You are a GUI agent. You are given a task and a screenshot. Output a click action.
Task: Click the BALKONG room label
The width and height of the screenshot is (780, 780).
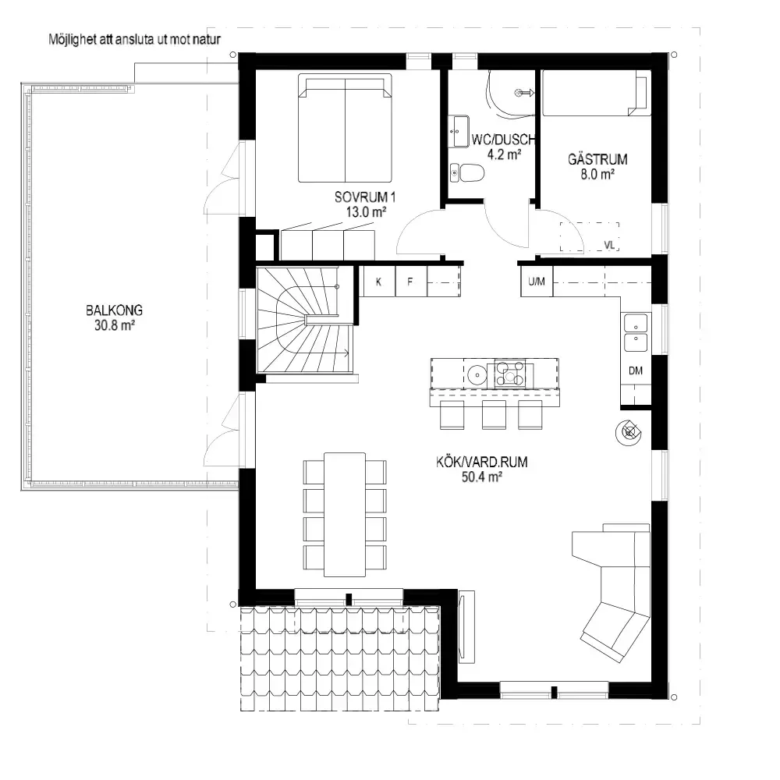114,310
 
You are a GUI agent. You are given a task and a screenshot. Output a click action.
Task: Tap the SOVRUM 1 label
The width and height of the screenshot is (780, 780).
365,197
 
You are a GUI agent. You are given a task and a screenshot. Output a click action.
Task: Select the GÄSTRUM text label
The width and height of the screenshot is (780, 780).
597,160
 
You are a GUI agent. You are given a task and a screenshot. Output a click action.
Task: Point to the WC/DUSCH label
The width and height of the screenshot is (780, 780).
503,140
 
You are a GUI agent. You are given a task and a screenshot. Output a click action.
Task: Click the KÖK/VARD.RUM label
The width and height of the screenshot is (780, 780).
481,462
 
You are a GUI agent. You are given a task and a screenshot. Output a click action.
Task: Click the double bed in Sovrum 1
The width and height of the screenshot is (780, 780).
345,128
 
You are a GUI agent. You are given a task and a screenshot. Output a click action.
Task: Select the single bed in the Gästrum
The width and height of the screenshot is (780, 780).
597,93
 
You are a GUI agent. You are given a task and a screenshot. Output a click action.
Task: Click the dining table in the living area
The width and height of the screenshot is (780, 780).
345,514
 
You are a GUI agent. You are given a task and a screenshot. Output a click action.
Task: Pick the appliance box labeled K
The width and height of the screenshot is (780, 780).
379,282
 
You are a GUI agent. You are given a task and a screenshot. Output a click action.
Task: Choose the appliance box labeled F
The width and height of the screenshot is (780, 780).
411,282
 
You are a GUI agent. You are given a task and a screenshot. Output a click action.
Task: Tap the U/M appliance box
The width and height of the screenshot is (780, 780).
537,282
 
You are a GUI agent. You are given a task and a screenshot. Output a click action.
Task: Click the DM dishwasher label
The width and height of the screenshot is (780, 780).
636,370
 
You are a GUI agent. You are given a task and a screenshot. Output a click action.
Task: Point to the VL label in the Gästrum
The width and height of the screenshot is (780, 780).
609,245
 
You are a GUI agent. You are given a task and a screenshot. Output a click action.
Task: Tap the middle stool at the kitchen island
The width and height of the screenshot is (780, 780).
494,414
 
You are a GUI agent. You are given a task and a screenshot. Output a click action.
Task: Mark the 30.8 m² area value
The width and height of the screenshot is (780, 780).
115,325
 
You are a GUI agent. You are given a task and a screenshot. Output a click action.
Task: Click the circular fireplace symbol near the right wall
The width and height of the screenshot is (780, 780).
629,432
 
